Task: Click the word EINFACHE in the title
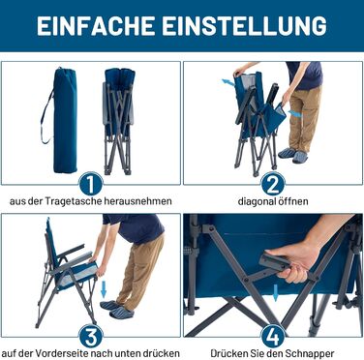coord(96,25)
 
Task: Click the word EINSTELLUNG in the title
coord(245,25)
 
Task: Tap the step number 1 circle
coord(91,184)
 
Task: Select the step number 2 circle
coord(273,184)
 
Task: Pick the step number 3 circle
coord(91,337)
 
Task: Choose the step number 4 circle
coord(273,337)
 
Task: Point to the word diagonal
coord(257,201)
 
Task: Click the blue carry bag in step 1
coord(65,120)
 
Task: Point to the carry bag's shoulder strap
coord(46,117)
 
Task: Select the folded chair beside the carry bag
coord(118,121)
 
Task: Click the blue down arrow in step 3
coord(104,287)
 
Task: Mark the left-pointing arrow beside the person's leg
coord(295,113)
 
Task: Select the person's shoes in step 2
coord(293,155)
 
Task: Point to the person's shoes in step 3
coord(116,310)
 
